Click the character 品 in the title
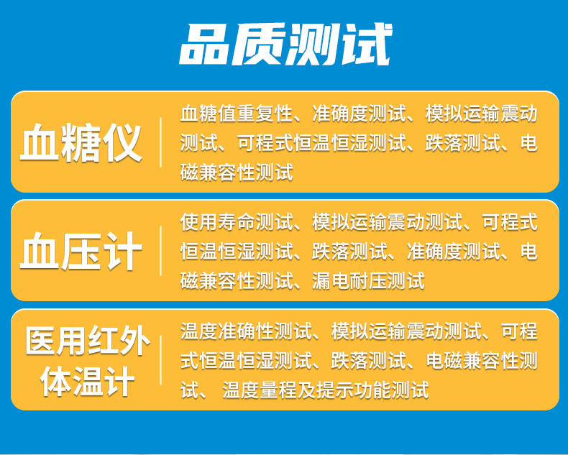(206, 44)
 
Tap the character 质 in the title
(259, 44)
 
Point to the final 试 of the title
(366, 44)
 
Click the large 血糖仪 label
(81, 143)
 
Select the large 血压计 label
(81, 251)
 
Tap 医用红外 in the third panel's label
(87, 340)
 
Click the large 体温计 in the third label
(87, 382)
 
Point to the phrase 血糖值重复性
(237, 114)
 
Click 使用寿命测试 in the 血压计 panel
(237, 221)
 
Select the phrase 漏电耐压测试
(368, 281)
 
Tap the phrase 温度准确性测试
(246, 331)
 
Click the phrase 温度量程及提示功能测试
(326, 390)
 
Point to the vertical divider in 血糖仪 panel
(160, 142)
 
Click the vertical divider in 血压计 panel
(160, 251)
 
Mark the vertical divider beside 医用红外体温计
(160, 360)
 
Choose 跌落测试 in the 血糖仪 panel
(462, 143)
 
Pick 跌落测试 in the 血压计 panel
(349, 252)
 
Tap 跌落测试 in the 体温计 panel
(368, 361)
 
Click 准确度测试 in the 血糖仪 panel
(359, 114)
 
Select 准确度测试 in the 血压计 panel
(453, 252)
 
